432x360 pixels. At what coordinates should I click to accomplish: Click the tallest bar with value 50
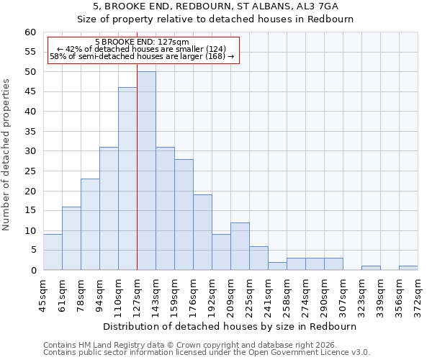click(146, 171)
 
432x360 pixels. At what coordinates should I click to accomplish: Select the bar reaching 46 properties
click(127, 179)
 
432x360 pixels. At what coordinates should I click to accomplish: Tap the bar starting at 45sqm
click(53, 252)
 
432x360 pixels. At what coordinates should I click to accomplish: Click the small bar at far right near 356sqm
click(408, 268)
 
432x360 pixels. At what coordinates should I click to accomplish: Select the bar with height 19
click(202, 233)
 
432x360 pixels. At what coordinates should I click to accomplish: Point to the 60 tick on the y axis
click(30, 32)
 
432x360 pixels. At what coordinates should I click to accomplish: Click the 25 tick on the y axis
click(30, 171)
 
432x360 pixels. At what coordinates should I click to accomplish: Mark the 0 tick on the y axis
click(33, 271)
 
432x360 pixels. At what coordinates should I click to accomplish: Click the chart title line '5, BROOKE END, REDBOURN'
click(215, 6)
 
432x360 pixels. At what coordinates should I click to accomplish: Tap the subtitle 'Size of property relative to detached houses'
click(215, 19)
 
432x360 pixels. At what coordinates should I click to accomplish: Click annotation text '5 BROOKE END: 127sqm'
click(142, 42)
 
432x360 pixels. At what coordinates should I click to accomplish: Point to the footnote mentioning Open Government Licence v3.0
click(207, 353)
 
